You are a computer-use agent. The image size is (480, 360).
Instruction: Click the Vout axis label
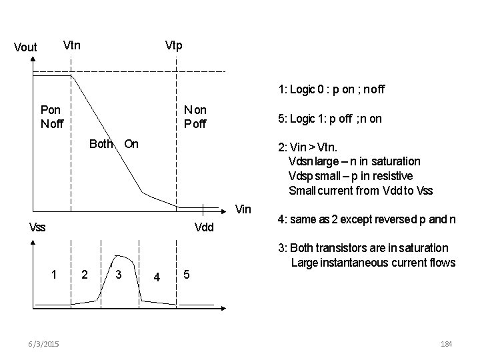[x=25, y=48]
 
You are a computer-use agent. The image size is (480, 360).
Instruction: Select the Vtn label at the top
[x=71, y=45]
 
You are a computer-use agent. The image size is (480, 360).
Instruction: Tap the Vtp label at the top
[x=173, y=45]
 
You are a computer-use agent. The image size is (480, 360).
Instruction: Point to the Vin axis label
[x=244, y=210]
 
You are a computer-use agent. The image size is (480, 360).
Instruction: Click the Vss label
[x=38, y=227]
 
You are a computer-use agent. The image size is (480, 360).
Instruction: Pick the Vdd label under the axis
[x=203, y=227]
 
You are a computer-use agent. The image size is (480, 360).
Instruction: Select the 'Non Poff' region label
[x=195, y=117]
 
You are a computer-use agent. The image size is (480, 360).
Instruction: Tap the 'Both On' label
[x=114, y=143]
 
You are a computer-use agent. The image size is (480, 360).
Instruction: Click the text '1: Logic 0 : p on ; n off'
[x=332, y=89]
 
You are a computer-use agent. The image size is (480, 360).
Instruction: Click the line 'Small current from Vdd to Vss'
[x=361, y=191]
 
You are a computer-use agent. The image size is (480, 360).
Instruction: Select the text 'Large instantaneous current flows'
[x=373, y=263]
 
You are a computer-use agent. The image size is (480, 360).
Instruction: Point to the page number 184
[x=447, y=343]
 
